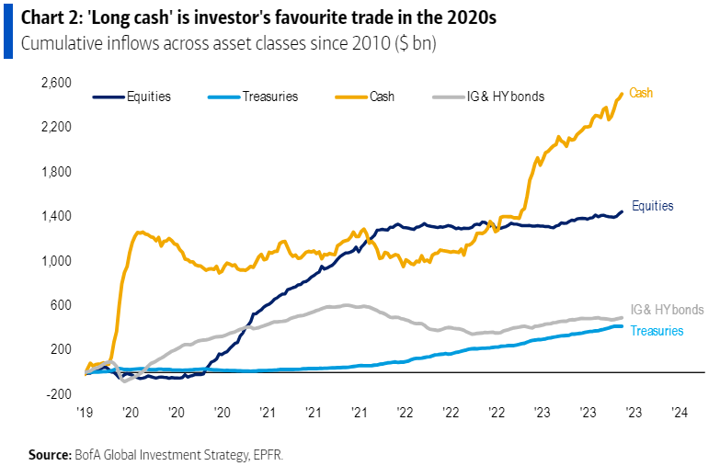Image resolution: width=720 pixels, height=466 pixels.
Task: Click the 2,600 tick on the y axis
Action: [57, 83]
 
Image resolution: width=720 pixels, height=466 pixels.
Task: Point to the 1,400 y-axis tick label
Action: [57, 216]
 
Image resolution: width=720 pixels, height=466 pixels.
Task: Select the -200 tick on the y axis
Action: [60, 394]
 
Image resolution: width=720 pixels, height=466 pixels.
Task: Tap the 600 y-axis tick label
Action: [62, 305]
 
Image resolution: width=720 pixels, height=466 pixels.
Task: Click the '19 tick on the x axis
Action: [86, 414]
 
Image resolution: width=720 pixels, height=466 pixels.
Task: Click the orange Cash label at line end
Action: [641, 93]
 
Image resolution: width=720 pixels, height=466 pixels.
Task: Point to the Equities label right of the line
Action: [653, 206]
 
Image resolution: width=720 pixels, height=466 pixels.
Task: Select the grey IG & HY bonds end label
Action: [668, 310]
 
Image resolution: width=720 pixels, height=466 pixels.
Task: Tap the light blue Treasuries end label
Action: [657, 330]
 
